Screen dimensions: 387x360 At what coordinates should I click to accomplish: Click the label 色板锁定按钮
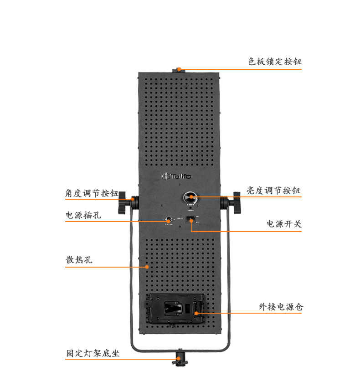coord(274,62)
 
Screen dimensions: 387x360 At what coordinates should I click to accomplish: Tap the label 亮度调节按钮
coord(273,191)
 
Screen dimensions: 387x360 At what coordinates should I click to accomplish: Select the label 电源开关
coord(284,224)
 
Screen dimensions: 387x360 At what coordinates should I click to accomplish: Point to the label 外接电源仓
coord(280,307)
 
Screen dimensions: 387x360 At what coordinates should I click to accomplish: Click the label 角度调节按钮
coord(92,193)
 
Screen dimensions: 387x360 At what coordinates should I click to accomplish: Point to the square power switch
coord(191,221)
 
